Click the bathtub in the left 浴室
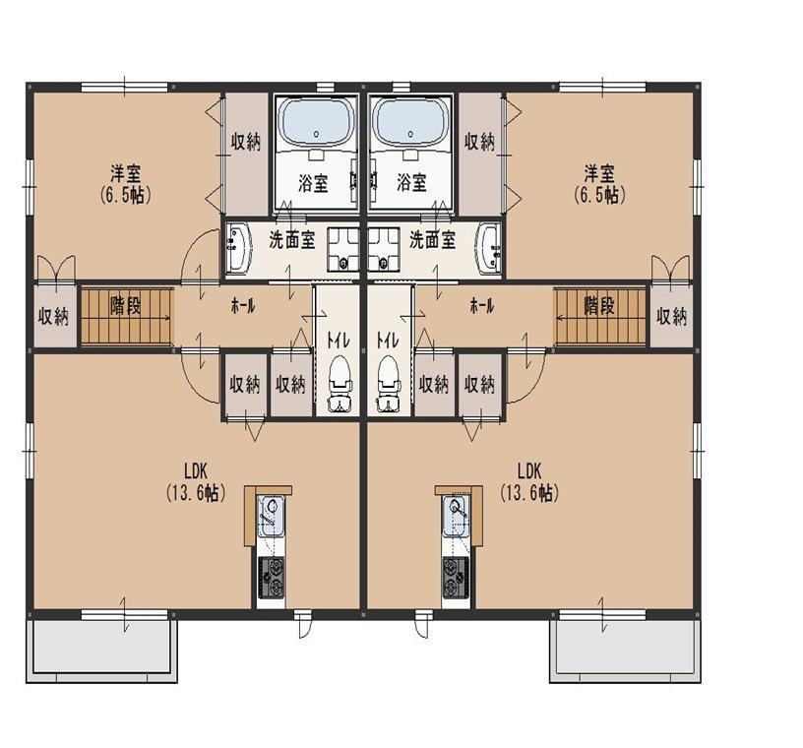coord(316,122)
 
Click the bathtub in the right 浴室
coord(410,122)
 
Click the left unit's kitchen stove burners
coord(271,578)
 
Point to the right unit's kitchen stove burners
coord(457,578)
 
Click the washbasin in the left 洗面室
coord(238,248)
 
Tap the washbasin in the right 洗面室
coord(489,248)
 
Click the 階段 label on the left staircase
coord(126,306)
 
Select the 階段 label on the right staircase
coord(599,306)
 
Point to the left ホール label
coord(243,307)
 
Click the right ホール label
coord(482,307)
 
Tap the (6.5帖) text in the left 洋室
coord(126,196)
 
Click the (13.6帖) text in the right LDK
coord(529,493)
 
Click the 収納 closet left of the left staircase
coord(54,316)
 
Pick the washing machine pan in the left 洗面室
coord(344,249)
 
